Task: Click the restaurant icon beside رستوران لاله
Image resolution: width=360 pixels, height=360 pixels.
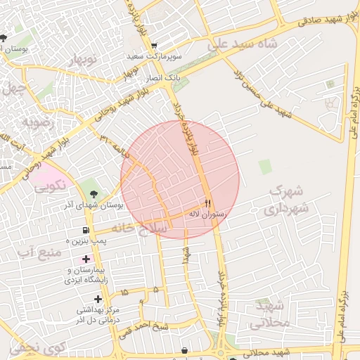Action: click(x=207, y=200)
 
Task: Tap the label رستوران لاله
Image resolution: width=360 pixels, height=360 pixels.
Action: click(x=206, y=212)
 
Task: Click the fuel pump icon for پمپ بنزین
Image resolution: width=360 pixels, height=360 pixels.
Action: click(x=86, y=230)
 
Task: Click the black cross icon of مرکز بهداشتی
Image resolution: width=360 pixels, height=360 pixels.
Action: click(x=98, y=299)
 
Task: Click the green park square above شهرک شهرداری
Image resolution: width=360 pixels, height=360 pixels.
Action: click(x=265, y=167)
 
